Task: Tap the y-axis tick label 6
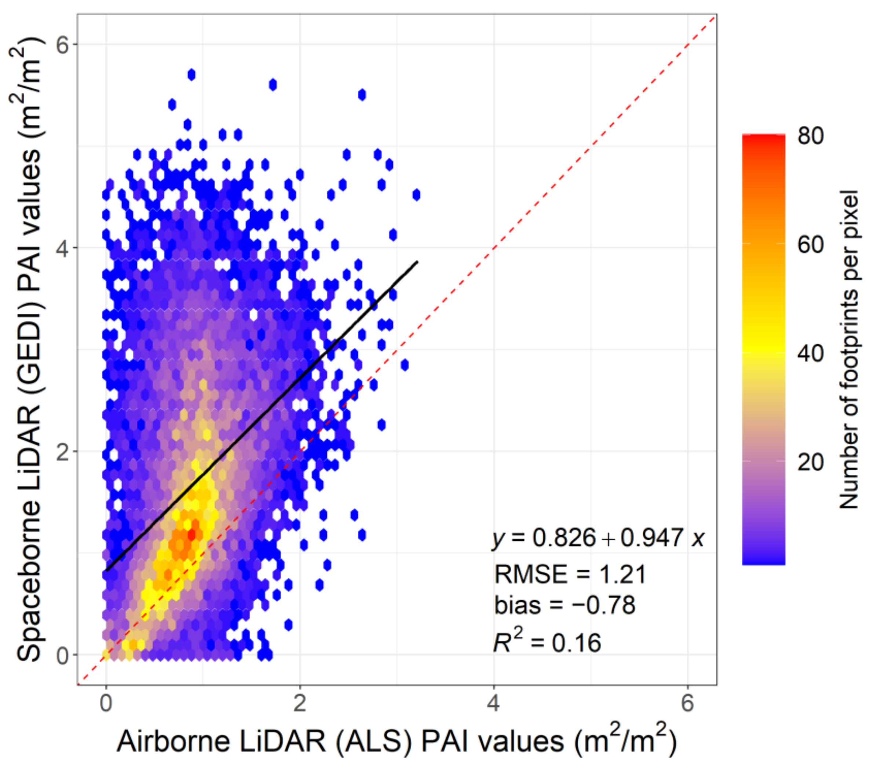(x=62, y=44)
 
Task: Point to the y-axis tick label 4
(x=62, y=248)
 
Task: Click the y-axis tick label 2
(x=62, y=451)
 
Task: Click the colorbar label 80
(x=810, y=136)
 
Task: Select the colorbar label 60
(x=810, y=244)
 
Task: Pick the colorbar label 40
(x=810, y=353)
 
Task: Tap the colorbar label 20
(x=810, y=462)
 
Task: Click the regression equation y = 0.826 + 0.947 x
(x=598, y=538)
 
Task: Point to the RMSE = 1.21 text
(x=570, y=574)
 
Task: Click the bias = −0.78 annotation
(x=565, y=605)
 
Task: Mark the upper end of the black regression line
(x=416, y=262)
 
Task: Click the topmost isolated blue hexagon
(x=191, y=75)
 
